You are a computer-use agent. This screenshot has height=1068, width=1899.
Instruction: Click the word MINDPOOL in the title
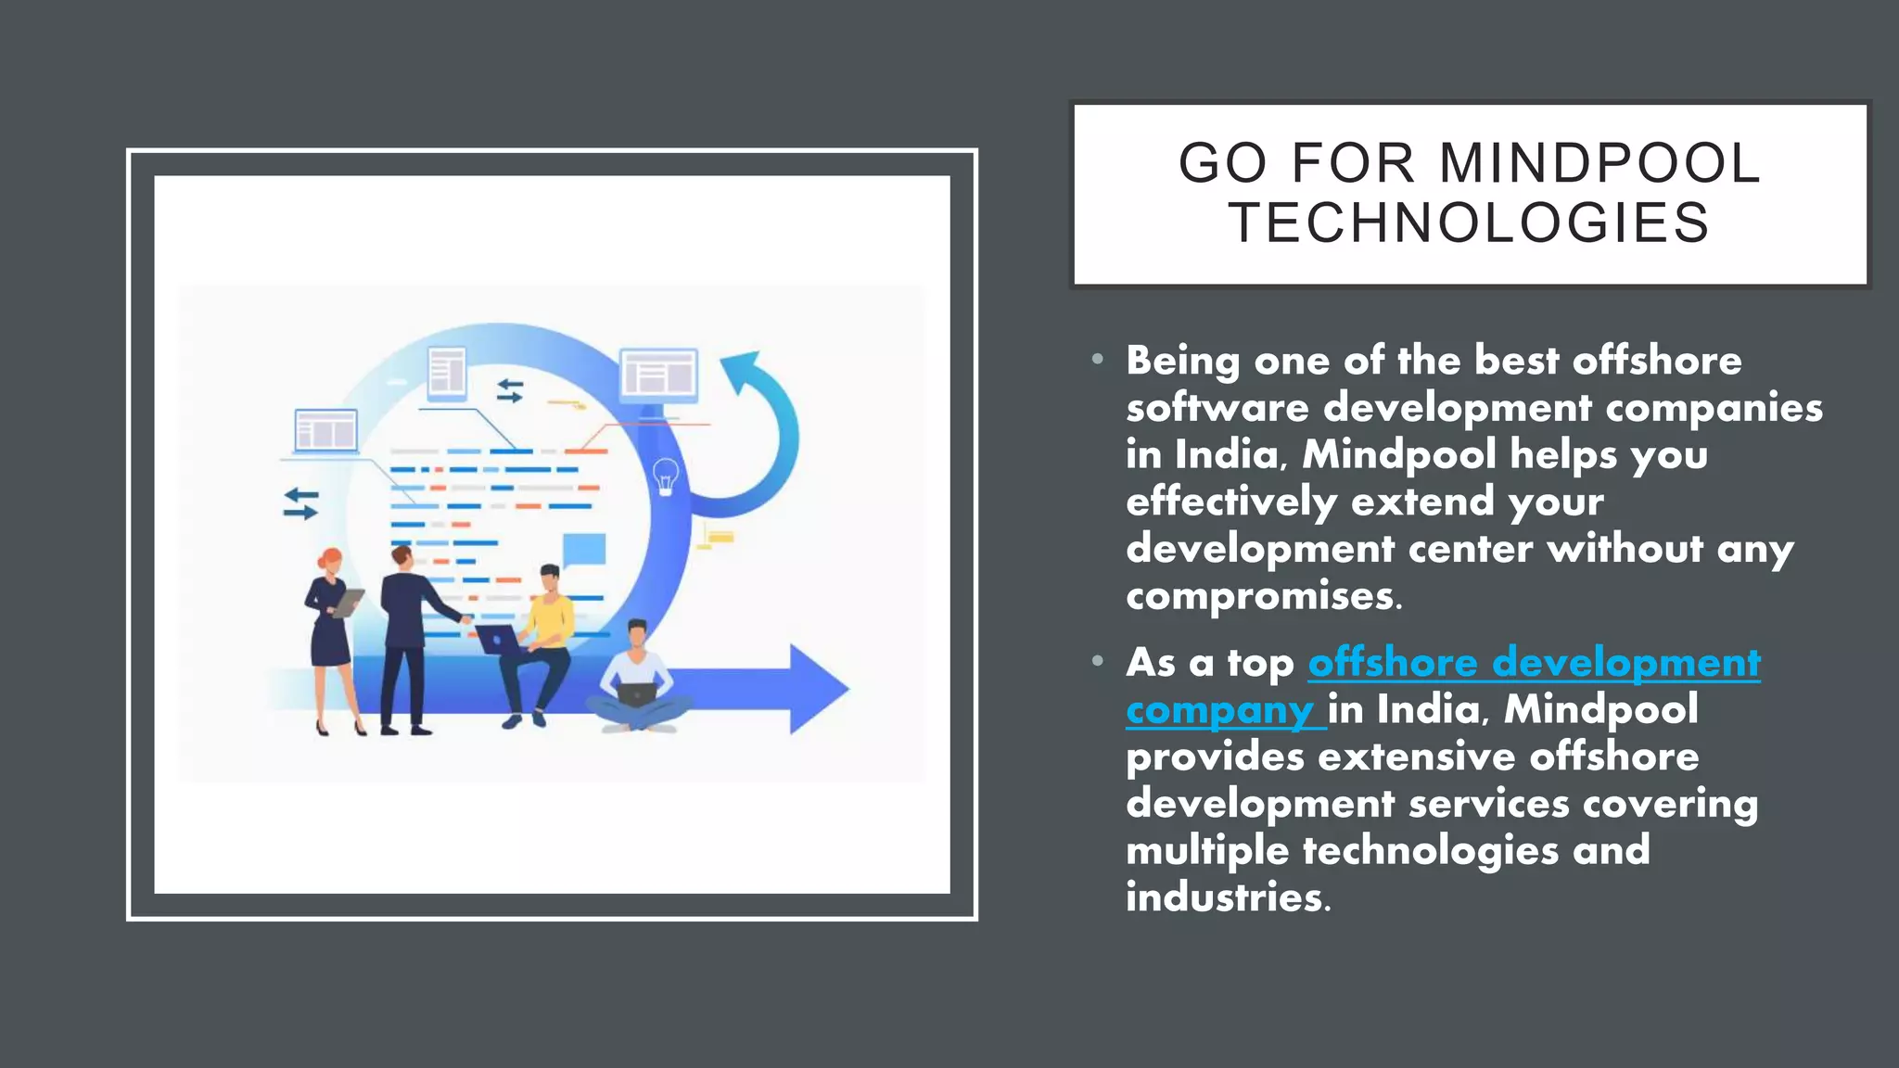tap(1599, 163)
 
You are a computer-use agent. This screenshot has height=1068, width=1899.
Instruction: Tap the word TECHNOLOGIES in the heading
tap(1470, 223)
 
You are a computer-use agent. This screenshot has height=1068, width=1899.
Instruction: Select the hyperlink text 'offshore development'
tap(1534, 663)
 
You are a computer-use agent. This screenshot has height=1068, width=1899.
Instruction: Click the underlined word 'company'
tap(1219, 710)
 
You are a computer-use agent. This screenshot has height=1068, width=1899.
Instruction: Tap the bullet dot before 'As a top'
tap(1098, 661)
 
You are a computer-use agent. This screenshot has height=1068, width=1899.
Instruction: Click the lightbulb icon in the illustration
tap(666, 476)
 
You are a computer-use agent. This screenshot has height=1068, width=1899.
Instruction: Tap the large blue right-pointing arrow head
tap(816, 688)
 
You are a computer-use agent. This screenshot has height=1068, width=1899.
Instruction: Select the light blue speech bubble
tap(584, 549)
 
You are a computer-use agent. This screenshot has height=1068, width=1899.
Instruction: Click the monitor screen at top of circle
tap(658, 375)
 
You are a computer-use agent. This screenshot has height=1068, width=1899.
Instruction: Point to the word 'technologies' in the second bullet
tap(1430, 851)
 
